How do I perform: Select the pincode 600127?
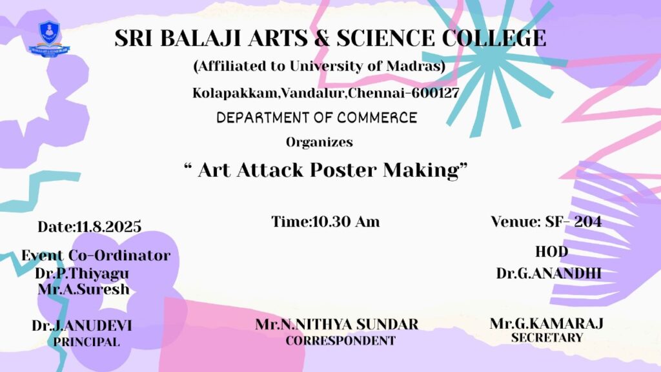[x=435, y=93]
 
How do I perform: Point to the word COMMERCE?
[x=377, y=118]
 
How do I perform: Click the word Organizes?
[x=319, y=142]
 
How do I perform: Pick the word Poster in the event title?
[x=343, y=170]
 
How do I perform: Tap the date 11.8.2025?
[x=108, y=227]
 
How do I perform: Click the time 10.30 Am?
[x=346, y=222]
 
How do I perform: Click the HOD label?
[x=551, y=252]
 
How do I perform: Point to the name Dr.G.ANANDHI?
[x=549, y=273]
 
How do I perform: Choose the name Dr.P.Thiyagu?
[x=82, y=273]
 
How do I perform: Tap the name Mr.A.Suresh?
[x=83, y=289]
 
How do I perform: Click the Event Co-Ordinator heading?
[x=96, y=256]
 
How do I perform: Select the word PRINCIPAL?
[x=86, y=342]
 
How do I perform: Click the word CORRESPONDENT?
[x=341, y=340]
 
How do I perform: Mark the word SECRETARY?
[x=547, y=338]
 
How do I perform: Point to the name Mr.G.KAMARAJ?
[x=547, y=324]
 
